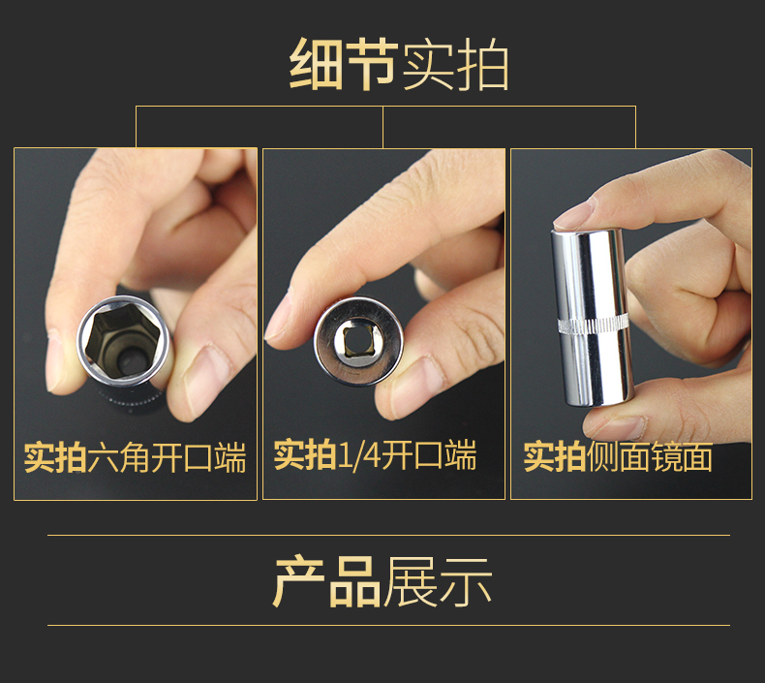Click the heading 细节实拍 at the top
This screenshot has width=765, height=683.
[399, 64]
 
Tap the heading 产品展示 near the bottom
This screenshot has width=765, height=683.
[382, 581]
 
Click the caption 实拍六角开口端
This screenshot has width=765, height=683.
[136, 457]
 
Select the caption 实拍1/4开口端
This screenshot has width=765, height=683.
[375, 454]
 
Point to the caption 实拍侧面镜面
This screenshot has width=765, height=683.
[618, 456]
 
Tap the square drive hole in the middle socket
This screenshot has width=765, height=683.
[358, 340]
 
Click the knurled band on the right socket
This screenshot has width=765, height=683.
[593, 324]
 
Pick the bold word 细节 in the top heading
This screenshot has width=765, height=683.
[344, 64]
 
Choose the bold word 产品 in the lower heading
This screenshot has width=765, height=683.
[327, 581]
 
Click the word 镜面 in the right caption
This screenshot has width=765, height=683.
[682, 456]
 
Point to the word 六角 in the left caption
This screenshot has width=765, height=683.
[118, 457]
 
